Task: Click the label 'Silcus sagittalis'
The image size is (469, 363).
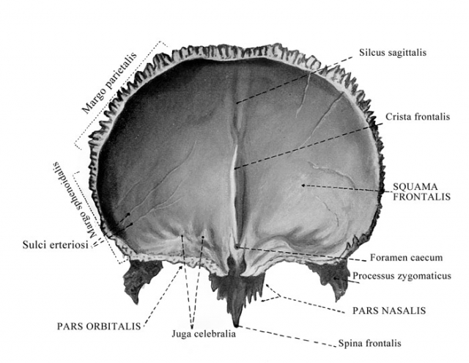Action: [x=393, y=53]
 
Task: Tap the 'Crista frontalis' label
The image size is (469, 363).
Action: [x=418, y=117]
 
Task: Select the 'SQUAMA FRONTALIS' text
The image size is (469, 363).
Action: [x=421, y=191]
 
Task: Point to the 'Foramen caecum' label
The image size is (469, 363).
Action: [x=406, y=257]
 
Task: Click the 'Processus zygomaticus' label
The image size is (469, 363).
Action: [x=402, y=276]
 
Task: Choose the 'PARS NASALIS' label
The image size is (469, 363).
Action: [x=389, y=311]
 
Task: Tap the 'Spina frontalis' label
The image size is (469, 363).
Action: [x=369, y=343]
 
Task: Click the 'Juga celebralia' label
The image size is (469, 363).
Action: [x=204, y=334]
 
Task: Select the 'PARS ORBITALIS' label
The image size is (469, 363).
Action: [x=99, y=326]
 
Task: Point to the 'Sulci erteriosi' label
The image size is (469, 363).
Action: [x=56, y=245]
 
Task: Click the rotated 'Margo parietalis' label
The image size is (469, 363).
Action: [x=109, y=83]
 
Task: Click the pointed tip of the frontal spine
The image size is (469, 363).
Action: [x=237, y=325]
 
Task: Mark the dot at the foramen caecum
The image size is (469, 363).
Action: [x=237, y=247]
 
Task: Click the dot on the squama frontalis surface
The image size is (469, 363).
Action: [x=303, y=186]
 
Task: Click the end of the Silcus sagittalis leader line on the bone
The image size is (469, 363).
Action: [x=237, y=103]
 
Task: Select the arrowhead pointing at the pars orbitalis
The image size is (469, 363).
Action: [x=180, y=267]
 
